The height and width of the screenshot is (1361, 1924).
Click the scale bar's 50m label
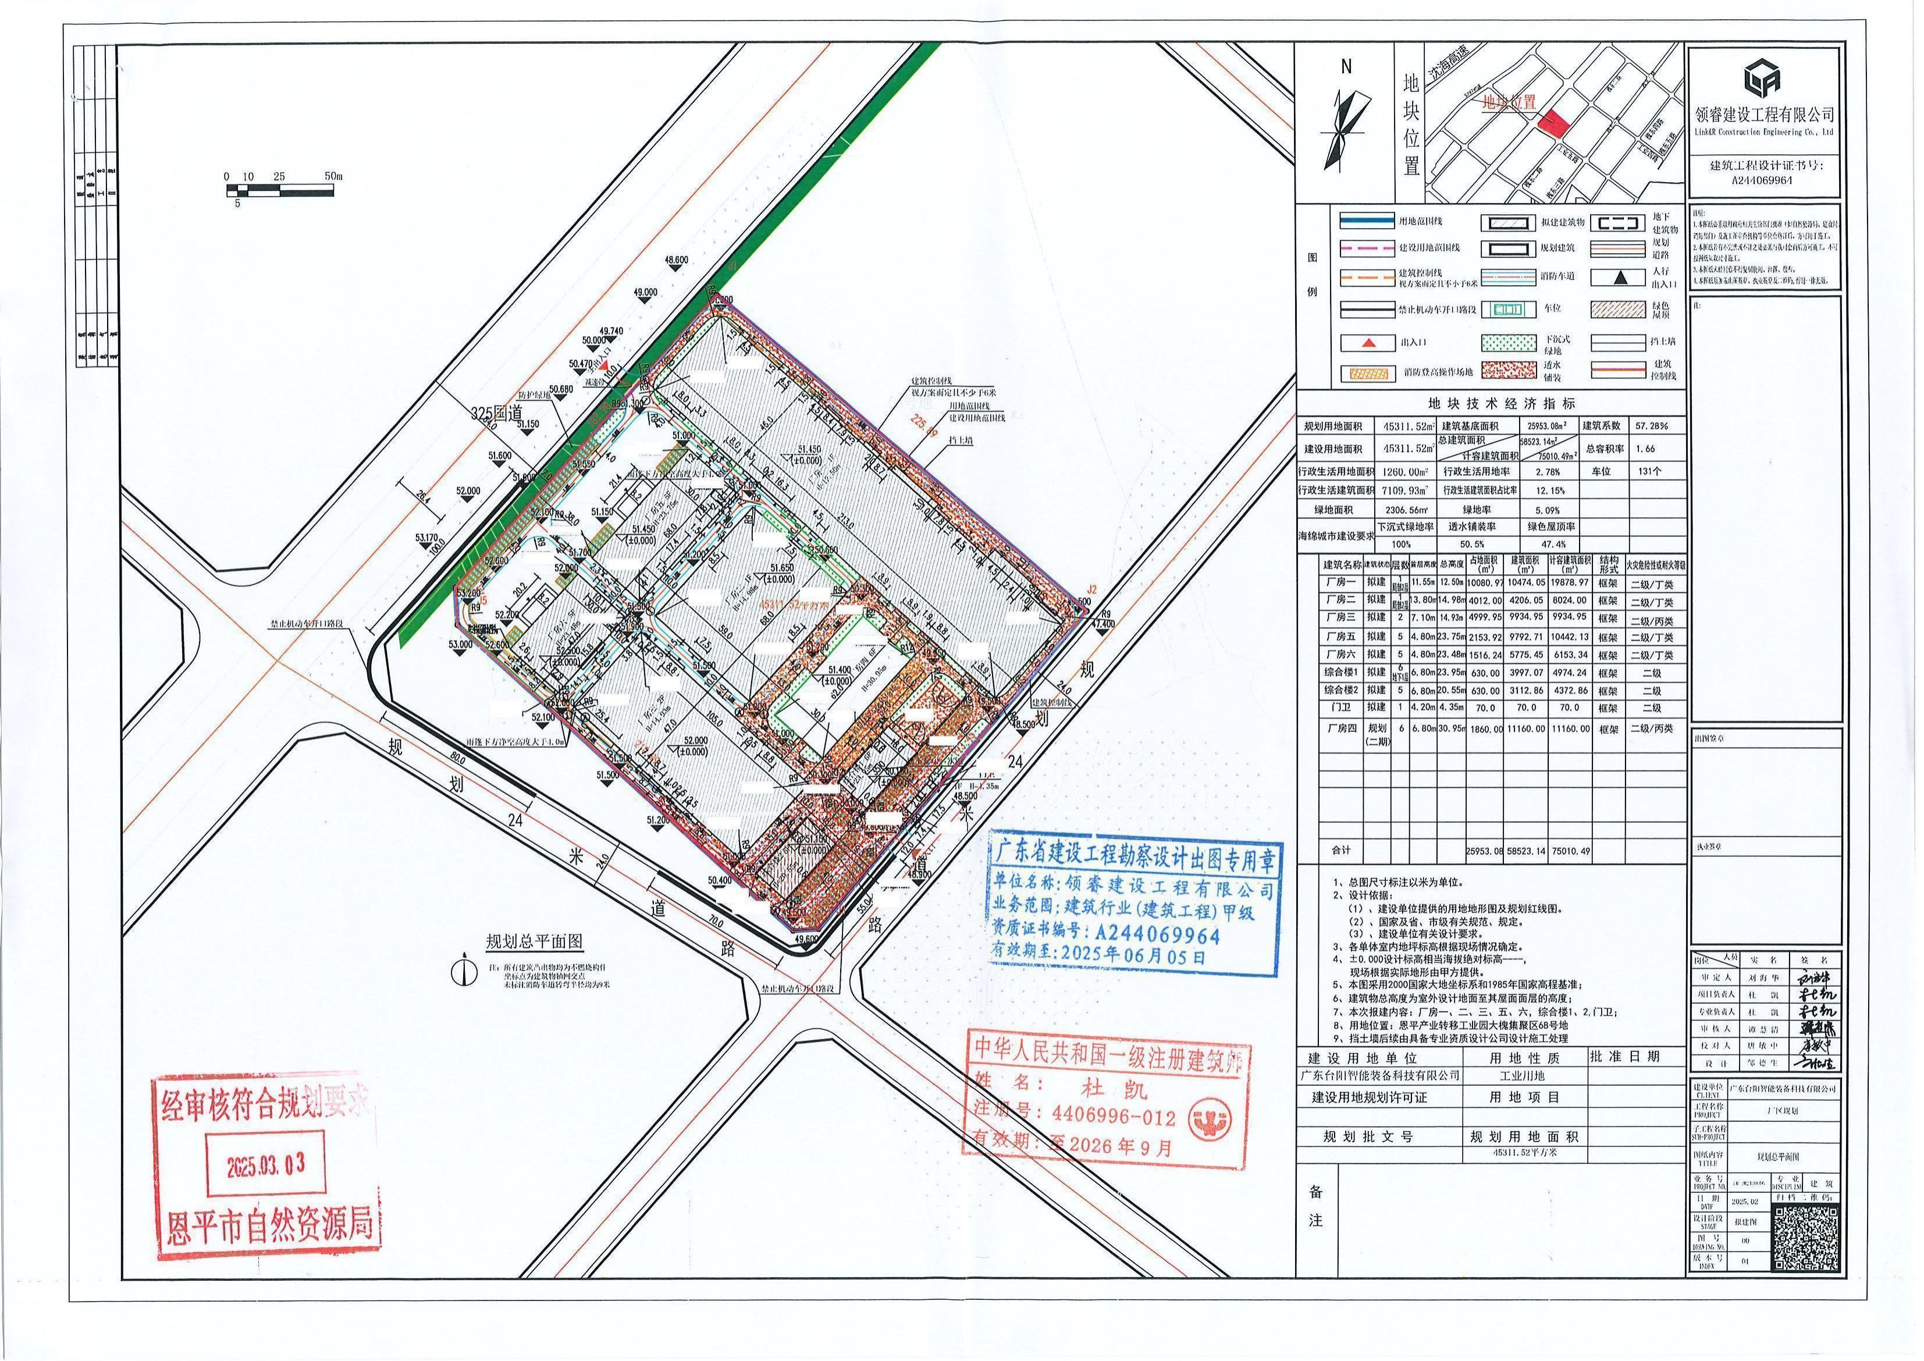[333, 177]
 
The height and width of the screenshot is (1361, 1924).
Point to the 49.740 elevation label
[611, 331]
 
